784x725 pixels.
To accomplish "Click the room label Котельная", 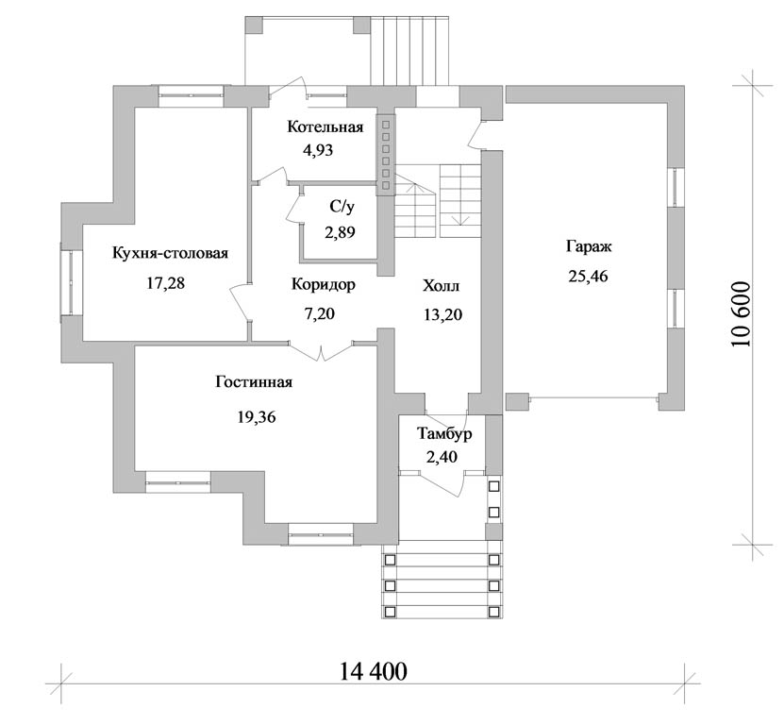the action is tap(325, 127).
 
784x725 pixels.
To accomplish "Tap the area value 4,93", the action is tap(318, 150).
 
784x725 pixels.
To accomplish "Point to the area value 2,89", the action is tap(340, 232).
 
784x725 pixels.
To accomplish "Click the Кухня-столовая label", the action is tap(170, 253).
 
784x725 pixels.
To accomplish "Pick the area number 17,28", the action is tap(165, 283).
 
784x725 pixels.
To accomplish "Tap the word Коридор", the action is tap(324, 285).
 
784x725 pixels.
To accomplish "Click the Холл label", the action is tap(441, 286).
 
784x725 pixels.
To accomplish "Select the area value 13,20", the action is tap(443, 314).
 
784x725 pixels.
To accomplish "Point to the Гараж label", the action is tap(589, 247).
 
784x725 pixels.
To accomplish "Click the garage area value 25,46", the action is tap(588, 276).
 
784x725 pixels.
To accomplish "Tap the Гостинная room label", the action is tap(254, 382).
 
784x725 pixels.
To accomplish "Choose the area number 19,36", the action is tap(257, 416).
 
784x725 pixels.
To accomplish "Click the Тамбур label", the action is tap(444, 434).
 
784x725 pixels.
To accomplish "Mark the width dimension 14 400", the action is tap(374, 671).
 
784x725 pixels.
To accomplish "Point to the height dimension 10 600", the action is tap(741, 314).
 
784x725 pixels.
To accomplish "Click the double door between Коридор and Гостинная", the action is tap(321, 350).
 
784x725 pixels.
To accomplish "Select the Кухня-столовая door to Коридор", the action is tap(241, 303).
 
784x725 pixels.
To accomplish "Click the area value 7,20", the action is tap(319, 313).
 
